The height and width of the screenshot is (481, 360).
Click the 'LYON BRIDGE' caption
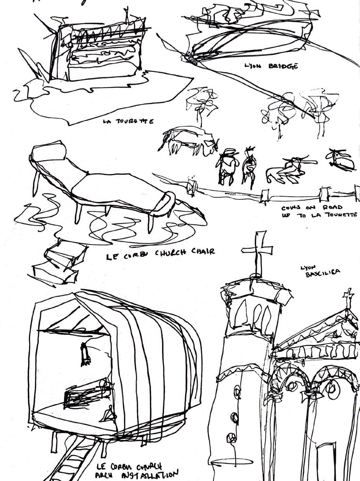click(x=271, y=66)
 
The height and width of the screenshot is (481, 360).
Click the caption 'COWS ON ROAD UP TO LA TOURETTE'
click(x=319, y=211)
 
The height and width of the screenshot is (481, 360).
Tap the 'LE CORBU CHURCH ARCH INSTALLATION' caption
click(x=136, y=471)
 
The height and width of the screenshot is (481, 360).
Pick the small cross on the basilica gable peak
click(x=348, y=298)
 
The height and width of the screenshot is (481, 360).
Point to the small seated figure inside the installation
click(x=109, y=415)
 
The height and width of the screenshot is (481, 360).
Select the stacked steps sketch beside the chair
click(x=58, y=261)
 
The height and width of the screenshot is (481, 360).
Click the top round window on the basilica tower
click(x=237, y=392)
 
